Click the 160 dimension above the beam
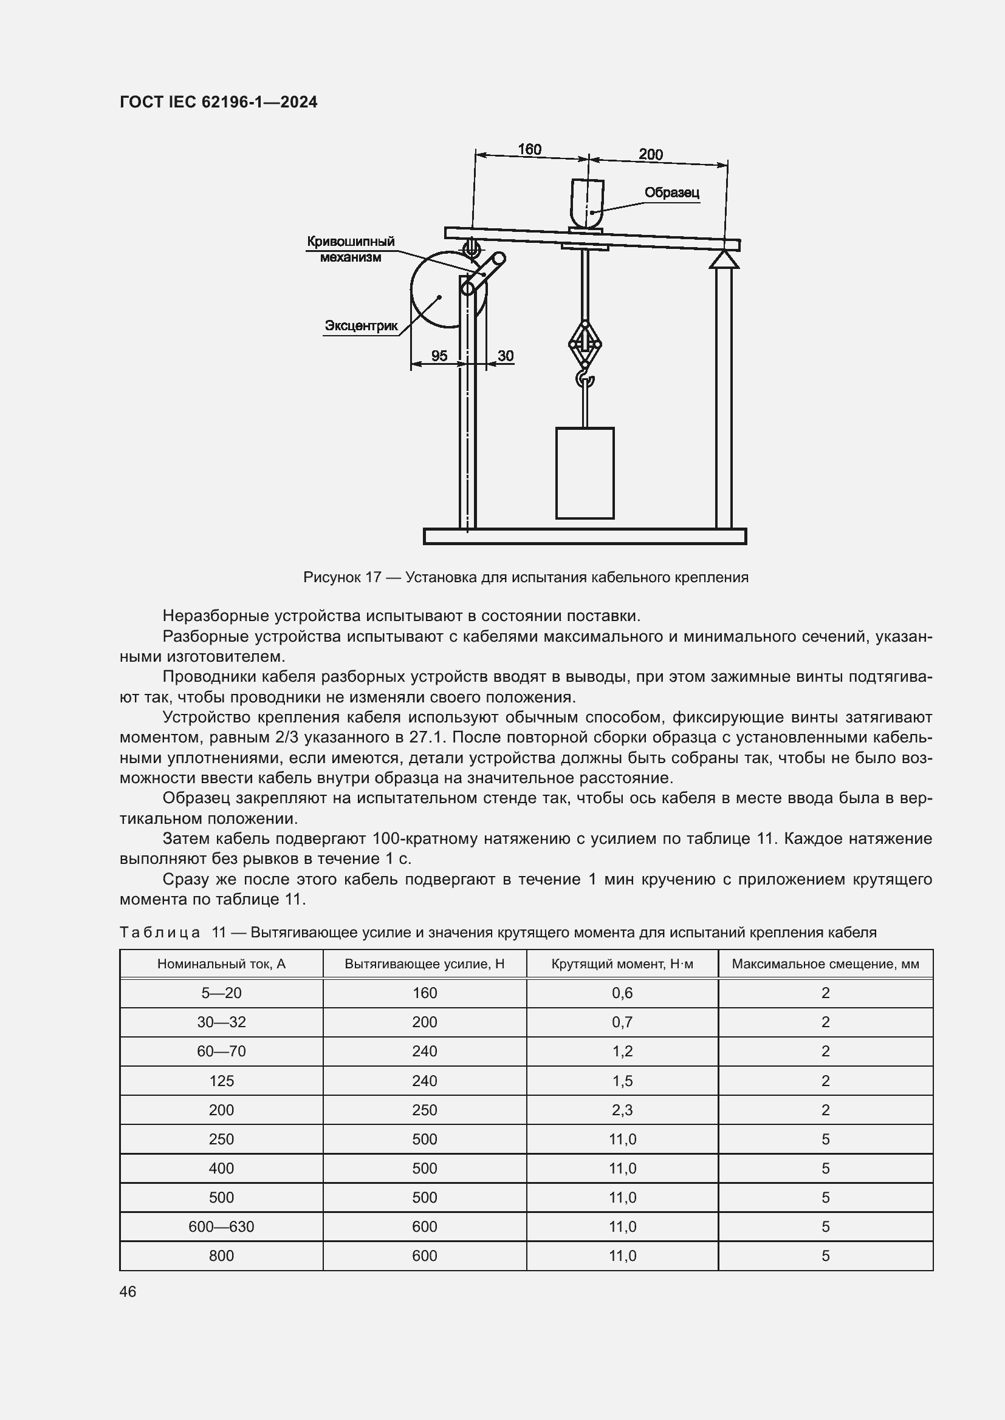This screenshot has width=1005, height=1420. pos(529,149)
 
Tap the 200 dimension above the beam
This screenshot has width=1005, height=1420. pos(650,154)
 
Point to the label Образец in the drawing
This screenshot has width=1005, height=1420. pos(671,192)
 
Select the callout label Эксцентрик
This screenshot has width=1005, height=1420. pos(361,325)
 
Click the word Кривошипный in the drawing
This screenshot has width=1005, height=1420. pos(351,242)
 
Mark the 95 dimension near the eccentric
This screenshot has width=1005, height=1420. pos(439,356)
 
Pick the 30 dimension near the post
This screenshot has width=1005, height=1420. pos(506,356)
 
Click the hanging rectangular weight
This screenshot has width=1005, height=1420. pos(584,473)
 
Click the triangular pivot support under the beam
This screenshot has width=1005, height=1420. pos(724,259)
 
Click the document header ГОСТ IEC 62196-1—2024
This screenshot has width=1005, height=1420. pos(219,102)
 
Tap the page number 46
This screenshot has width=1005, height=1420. pos(128,1291)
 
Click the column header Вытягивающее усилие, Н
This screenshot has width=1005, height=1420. pos(425,963)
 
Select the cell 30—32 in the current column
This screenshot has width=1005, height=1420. pos(222,1022)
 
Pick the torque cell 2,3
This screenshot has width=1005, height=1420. pos(622,1110)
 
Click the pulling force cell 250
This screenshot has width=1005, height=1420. pos(425,1110)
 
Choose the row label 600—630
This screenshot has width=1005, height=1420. pos(222,1227)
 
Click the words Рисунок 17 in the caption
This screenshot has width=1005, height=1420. pos(341,577)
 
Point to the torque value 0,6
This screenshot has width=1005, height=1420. pos(622,993)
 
